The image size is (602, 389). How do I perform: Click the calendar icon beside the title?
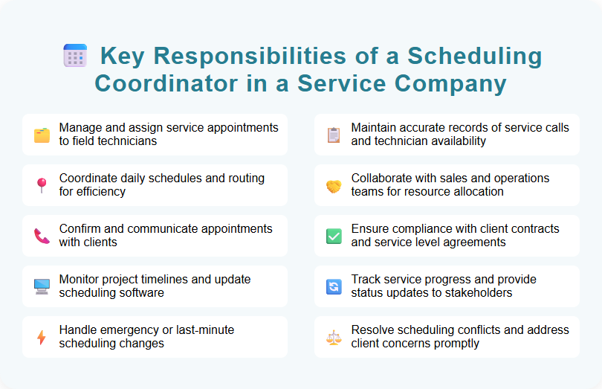click(75, 56)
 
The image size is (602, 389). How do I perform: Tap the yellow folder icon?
click(42, 135)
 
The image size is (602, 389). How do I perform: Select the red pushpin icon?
click(42, 185)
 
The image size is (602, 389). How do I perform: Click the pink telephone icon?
click(42, 236)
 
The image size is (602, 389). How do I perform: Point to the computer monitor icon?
click(42, 286)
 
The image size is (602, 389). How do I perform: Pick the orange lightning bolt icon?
click(42, 337)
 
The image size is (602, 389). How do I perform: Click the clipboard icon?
click(334, 135)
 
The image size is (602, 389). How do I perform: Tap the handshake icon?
click(334, 186)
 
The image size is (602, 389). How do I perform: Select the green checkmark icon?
click(334, 236)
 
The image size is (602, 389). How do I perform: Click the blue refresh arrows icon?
click(334, 286)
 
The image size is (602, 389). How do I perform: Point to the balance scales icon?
click(334, 337)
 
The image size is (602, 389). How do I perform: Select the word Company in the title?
click(456, 83)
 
